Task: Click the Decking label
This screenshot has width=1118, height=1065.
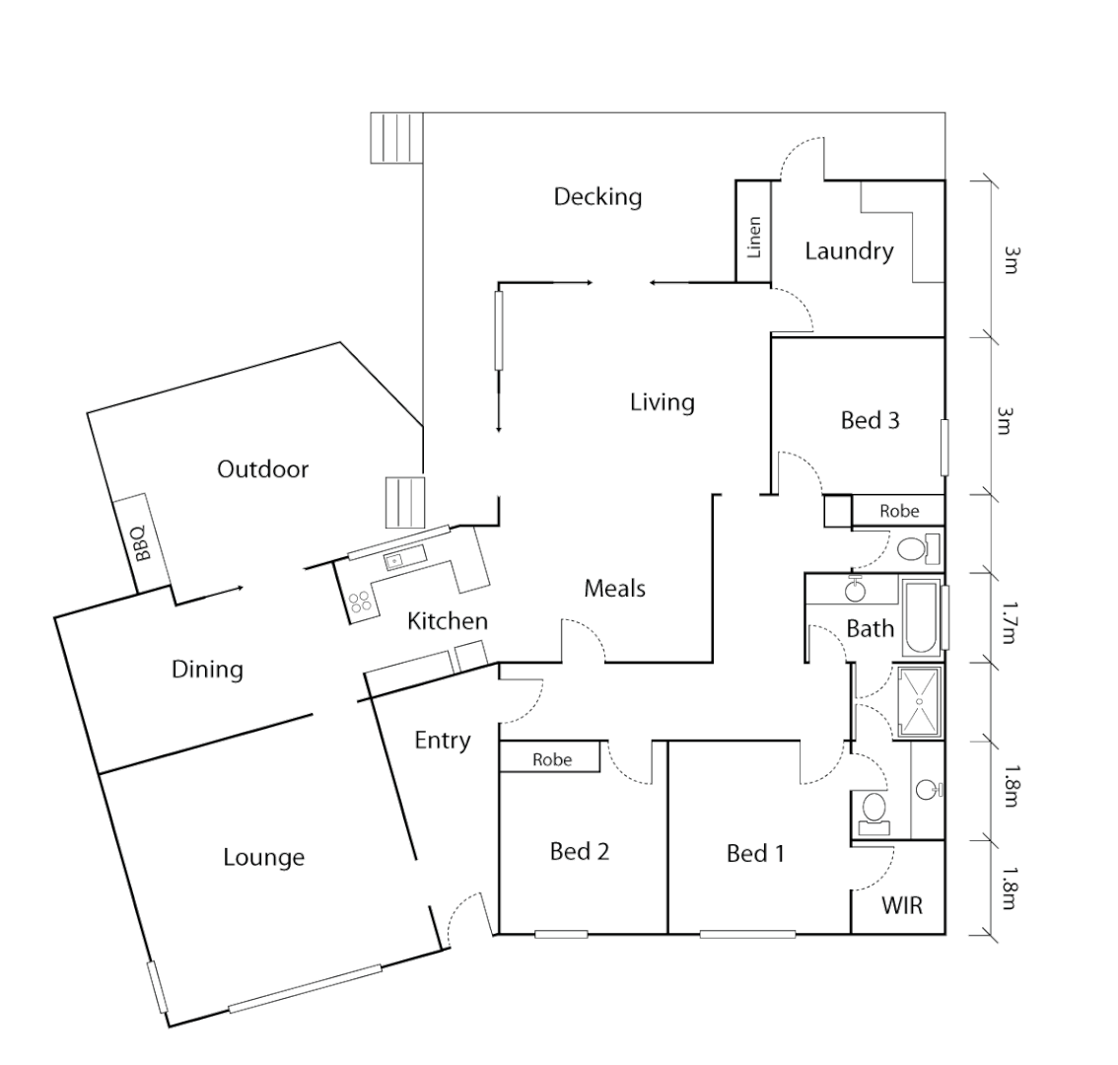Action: pyautogui.click(x=597, y=196)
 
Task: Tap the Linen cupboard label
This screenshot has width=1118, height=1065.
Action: pyautogui.click(x=754, y=237)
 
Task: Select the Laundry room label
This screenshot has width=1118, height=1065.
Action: pyautogui.click(x=849, y=250)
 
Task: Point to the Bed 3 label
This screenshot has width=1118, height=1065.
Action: pyautogui.click(x=870, y=420)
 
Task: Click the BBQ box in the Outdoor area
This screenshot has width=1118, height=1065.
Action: pyautogui.click(x=138, y=542)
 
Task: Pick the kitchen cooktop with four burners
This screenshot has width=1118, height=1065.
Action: pyautogui.click(x=361, y=602)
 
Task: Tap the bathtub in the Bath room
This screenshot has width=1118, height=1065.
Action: pyautogui.click(x=922, y=618)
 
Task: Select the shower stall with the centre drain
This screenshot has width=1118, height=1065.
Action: pyautogui.click(x=920, y=701)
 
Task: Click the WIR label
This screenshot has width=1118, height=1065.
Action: pyautogui.click(x=902, y=904)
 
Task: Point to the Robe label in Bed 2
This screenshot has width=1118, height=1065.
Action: pyautogui.click(x=551, y=759)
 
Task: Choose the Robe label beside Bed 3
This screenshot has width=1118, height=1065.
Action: pyautogui.click(x=899, y=511)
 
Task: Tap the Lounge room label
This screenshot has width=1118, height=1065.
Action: pyautogui.click(x=263, y=857)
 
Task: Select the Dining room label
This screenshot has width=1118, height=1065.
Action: pyautogui.click(x=207, y=670)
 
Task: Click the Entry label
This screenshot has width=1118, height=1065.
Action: pyautogui.click(x=442, y=740)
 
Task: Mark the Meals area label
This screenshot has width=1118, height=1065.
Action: pyautogui.click(x=614, y=589)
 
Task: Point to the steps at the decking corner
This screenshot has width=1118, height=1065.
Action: pyautogui.click(x=396, y=137)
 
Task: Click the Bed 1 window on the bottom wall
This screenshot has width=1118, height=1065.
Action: pyautogui.click(x=747, y=933)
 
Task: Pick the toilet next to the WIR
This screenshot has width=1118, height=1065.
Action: pyautogui.click(x=873, y=812)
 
